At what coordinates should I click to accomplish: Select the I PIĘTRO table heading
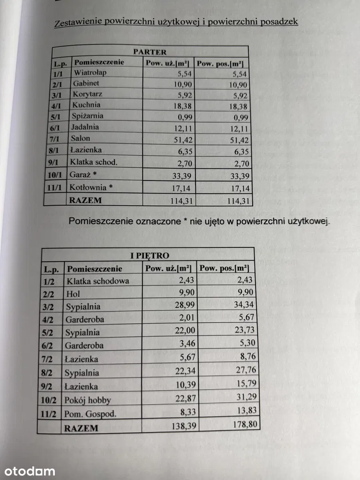click(150, 255)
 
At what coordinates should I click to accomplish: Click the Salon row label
click(81, 139)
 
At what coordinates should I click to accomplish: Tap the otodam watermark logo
click(29, 471)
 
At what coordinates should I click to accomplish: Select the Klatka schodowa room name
click(97, 281)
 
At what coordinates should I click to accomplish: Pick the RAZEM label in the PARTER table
click(85, 201)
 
